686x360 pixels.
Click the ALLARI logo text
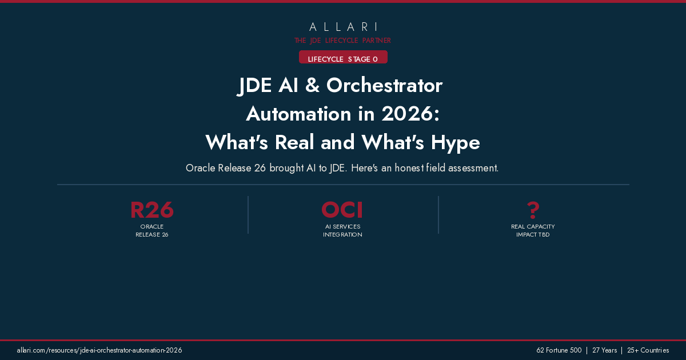click(343, 27)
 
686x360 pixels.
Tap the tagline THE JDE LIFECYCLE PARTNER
click(343, 41)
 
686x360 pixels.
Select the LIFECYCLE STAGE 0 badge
click(343, 59)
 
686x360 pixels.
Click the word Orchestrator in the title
click(384, 86)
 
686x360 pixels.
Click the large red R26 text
click(152, 210)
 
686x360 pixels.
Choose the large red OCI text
click(342, 210)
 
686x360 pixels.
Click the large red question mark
click(533, 210)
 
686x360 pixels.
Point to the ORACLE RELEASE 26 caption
click(152, 230)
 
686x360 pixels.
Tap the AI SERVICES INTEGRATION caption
click(342, 230)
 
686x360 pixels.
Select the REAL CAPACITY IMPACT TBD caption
click(533, 230)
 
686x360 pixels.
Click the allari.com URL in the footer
click(99, 350)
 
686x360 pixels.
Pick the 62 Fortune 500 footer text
click(559, 350)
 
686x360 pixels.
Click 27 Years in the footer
click(604, 350)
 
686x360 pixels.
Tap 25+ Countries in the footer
click(648, 350)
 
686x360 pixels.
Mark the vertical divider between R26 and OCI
click(248, 215)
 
